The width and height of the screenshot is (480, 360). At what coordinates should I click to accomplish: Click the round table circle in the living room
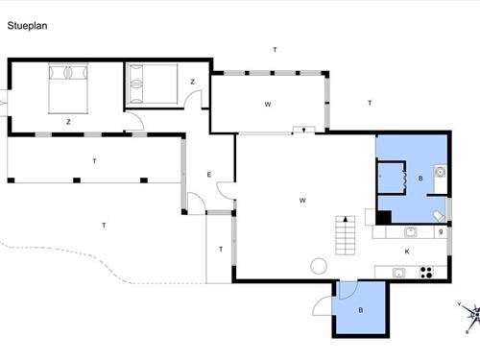pos(318,266)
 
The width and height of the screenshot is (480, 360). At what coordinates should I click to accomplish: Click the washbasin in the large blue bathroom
pos(440,173)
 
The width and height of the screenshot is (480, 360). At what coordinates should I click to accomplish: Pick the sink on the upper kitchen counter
pos(410,231)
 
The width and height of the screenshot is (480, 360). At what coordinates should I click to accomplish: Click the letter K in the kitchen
pos(407,252)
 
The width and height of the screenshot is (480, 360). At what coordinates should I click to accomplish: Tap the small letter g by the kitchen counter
pos(441,230)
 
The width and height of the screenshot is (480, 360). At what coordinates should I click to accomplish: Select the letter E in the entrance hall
pos(208,174)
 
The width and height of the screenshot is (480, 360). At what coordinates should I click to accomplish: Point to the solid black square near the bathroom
pos(382,218)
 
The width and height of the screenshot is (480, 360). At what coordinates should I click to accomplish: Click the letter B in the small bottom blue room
pos(360,310)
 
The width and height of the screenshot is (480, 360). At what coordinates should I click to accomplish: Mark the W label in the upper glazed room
pos(269,103)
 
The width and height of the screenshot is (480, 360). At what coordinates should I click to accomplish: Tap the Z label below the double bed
pos(68,121)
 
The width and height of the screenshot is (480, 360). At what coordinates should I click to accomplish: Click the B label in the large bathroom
pos(421,180)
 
